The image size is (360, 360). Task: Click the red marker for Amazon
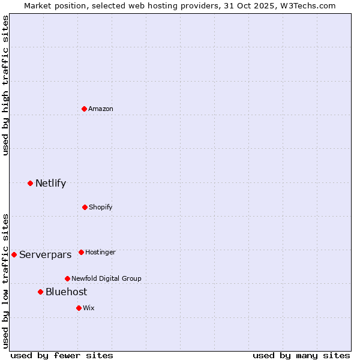(84, 109)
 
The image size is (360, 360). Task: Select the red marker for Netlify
(30, 183)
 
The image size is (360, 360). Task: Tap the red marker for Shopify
(85, 207)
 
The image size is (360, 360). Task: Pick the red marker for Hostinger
(81, 252)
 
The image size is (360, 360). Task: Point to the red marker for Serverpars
(14, 254)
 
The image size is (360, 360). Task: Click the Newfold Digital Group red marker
(67, 278)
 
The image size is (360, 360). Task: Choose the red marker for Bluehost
(40, 292)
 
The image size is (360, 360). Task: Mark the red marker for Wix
(79, 308)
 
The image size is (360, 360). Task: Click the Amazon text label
(101, 109)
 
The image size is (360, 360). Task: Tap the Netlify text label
(50, 183)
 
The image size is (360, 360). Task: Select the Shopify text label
(101, 207)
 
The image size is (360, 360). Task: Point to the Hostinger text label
(100, 252)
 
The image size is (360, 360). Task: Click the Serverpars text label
(45, 254)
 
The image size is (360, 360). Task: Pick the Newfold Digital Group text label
(106, 278)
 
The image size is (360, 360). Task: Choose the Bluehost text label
(66, 292)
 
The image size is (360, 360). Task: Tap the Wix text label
(89, 308)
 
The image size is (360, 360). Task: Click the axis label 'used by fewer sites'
(62, 355)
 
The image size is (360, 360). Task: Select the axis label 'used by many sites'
(301, 355)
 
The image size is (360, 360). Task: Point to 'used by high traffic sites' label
(5, 85)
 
